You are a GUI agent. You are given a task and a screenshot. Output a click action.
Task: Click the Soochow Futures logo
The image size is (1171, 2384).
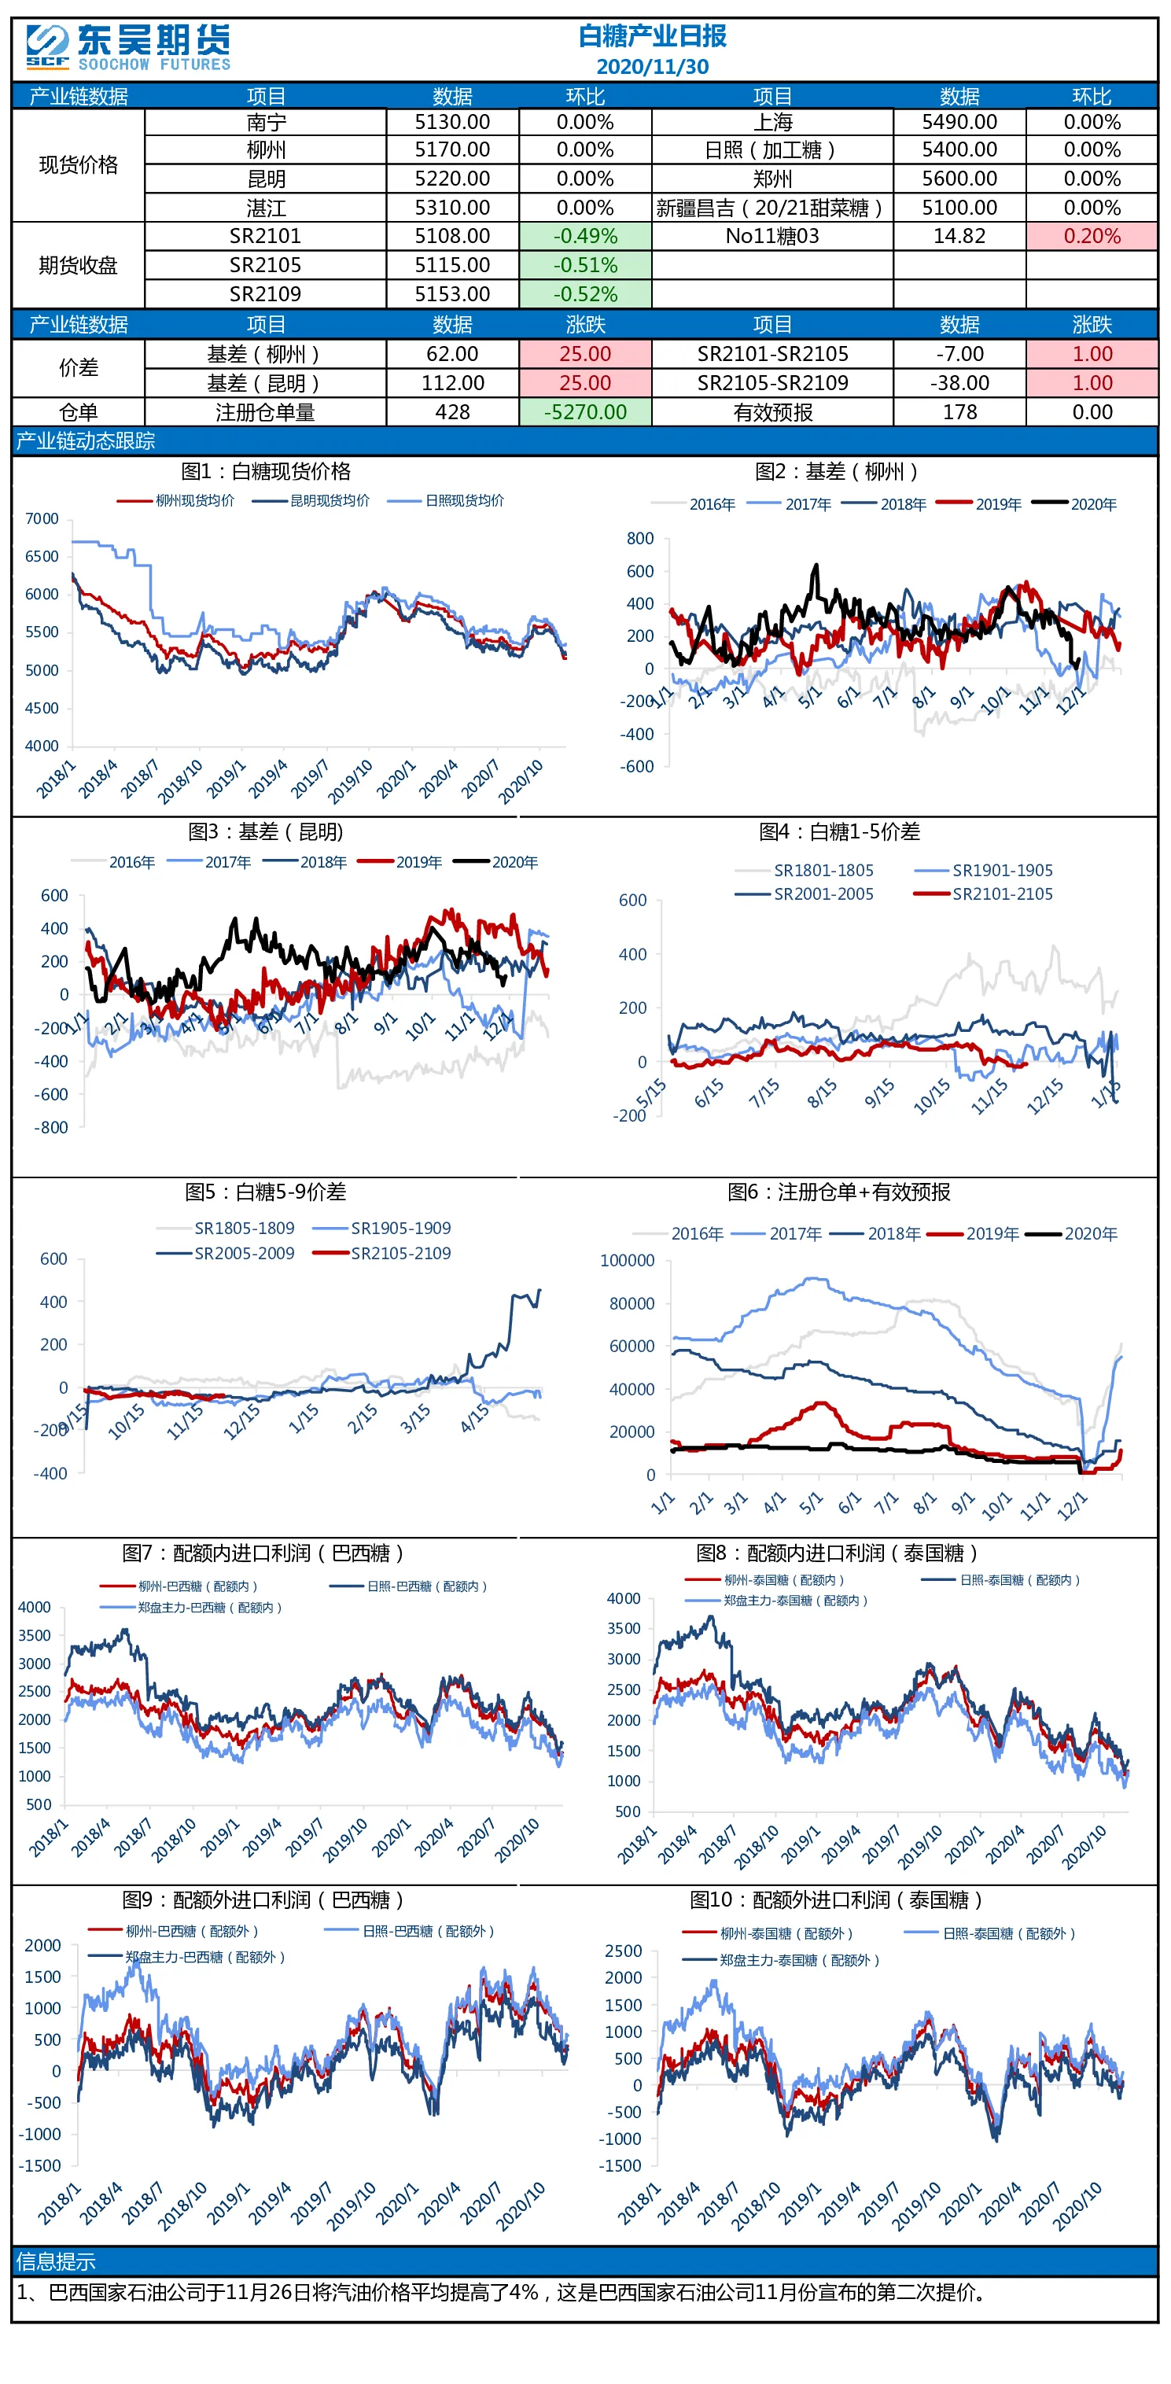click(127, 47)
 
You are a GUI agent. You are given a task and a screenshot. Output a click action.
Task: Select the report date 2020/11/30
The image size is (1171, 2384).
click(653, 67)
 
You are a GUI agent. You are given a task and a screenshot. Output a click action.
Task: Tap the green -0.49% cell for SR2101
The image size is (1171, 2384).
click(585, 236)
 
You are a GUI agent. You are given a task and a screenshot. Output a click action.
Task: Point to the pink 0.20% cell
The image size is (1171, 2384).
click(1092, 236)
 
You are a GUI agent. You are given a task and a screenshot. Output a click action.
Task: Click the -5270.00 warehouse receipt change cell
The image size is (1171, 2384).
click(585, 412)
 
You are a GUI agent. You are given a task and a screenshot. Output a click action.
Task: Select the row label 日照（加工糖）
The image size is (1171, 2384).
click(771, 150)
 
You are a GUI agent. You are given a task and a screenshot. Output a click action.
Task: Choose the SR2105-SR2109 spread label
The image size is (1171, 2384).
click(772, 383)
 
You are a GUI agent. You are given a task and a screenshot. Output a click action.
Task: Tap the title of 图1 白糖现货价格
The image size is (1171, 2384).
click(266, 471)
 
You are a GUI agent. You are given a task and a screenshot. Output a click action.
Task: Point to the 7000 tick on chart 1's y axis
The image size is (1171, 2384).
click(42, 518)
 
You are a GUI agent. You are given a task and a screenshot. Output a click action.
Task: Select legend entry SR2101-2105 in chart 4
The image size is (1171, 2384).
click(1003, 894)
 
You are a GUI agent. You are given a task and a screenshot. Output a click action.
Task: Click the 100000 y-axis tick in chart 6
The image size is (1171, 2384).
click(627, 1261)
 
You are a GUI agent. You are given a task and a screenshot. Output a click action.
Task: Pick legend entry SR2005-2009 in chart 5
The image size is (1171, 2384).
click(245, 1253)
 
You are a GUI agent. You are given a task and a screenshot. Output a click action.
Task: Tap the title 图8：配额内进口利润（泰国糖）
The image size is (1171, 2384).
click(838, 1552)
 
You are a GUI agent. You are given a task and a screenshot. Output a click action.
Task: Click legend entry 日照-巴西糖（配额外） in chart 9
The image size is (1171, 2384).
click(429, 1932)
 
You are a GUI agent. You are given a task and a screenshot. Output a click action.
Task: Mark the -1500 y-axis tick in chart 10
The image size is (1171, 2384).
click(620, 2165)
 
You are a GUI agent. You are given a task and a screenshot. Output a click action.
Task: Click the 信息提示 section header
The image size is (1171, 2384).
click(57, 2261)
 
